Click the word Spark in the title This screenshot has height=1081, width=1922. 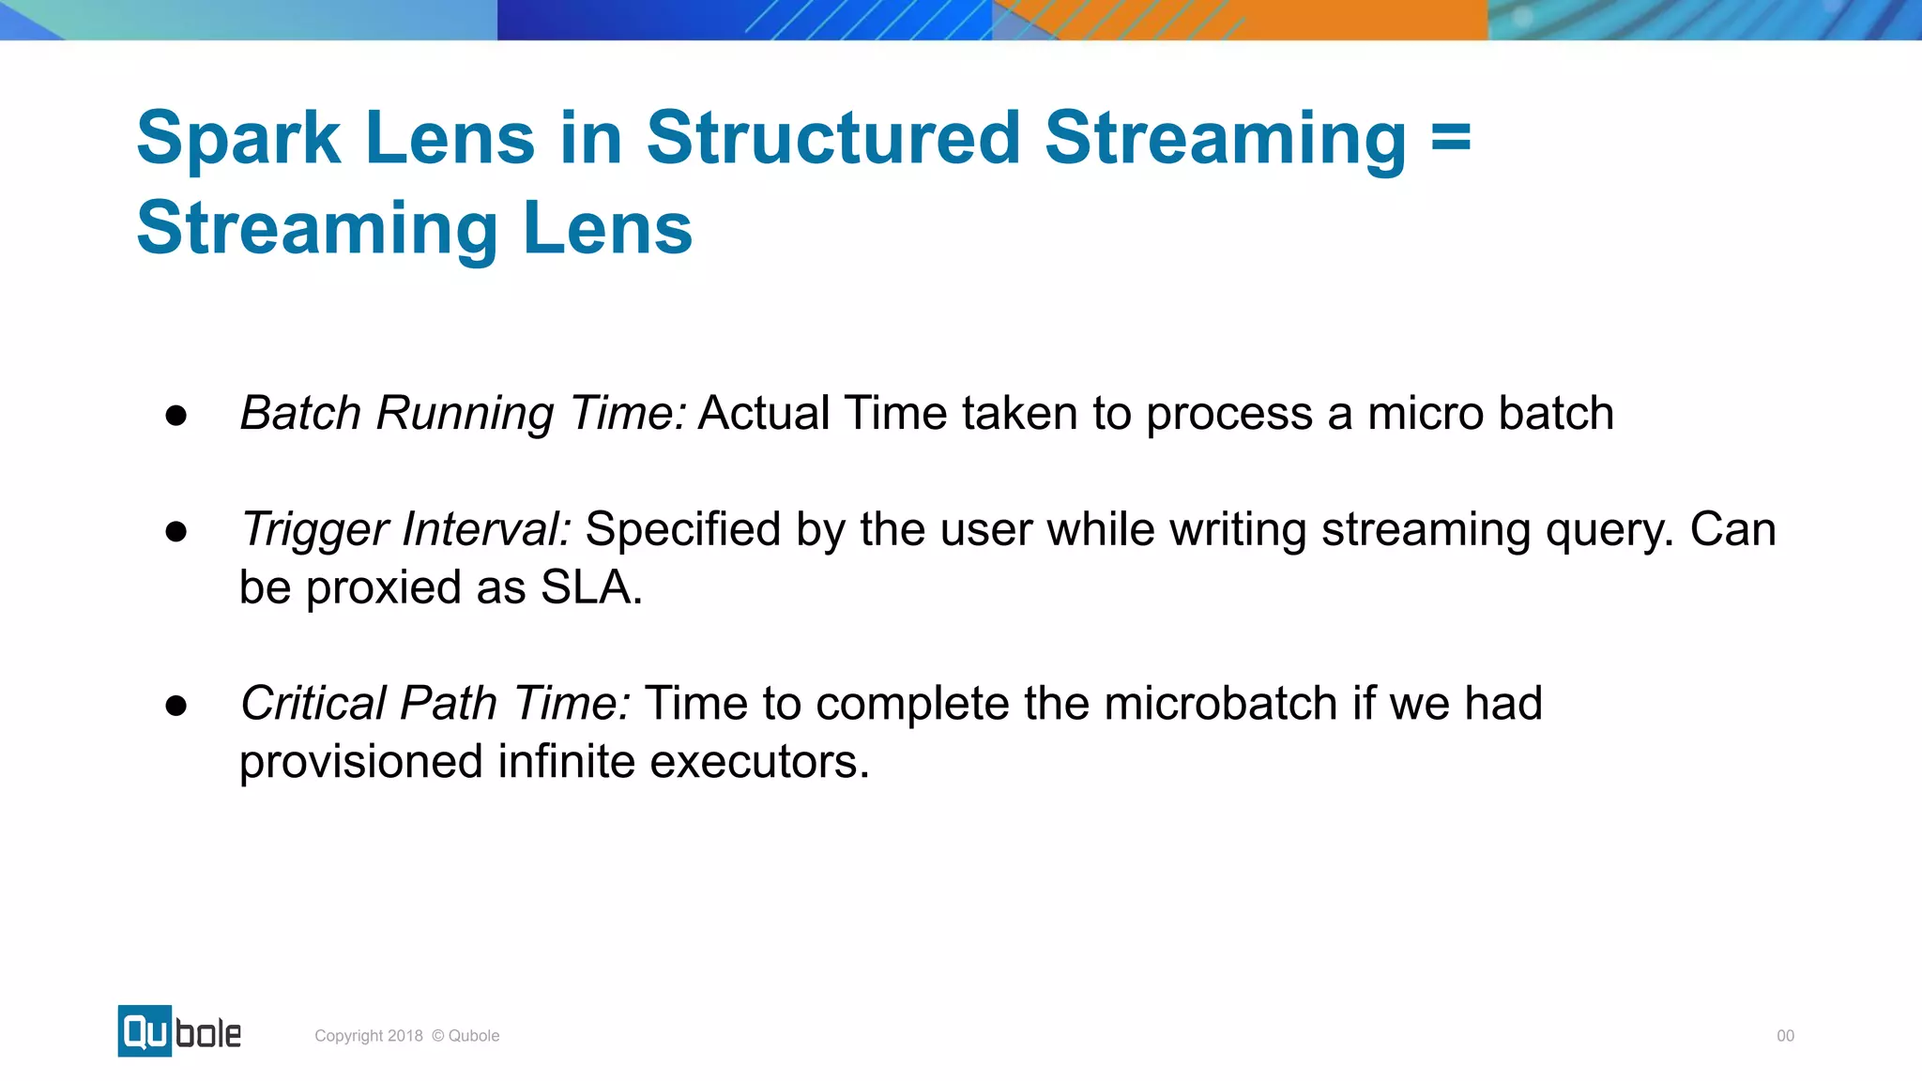coord(238,139)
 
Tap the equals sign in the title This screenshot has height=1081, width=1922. coord(1451,139)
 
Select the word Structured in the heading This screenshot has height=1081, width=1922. coord(833,139)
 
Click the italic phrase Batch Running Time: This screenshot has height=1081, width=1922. coord(464,414)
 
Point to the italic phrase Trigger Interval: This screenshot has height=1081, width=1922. coord(405,529)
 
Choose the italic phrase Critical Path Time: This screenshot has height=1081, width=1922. coord(435,704)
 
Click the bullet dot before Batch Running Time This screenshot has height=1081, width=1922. coord(175,416)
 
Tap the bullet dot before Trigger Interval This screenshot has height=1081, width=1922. coord(175,532)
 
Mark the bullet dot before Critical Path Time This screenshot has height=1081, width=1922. coord(175,706)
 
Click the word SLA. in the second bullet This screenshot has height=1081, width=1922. coord(591,588)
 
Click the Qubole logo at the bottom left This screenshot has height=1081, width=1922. coord(179,1031)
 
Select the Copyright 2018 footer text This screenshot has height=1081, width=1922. coord(406,1036)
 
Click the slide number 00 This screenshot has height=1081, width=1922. coord(1785,1036)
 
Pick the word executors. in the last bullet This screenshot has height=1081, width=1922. coord(759,762)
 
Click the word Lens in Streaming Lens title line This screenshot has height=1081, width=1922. coord(607,229)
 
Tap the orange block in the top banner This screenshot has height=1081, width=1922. coord(1314,19)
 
